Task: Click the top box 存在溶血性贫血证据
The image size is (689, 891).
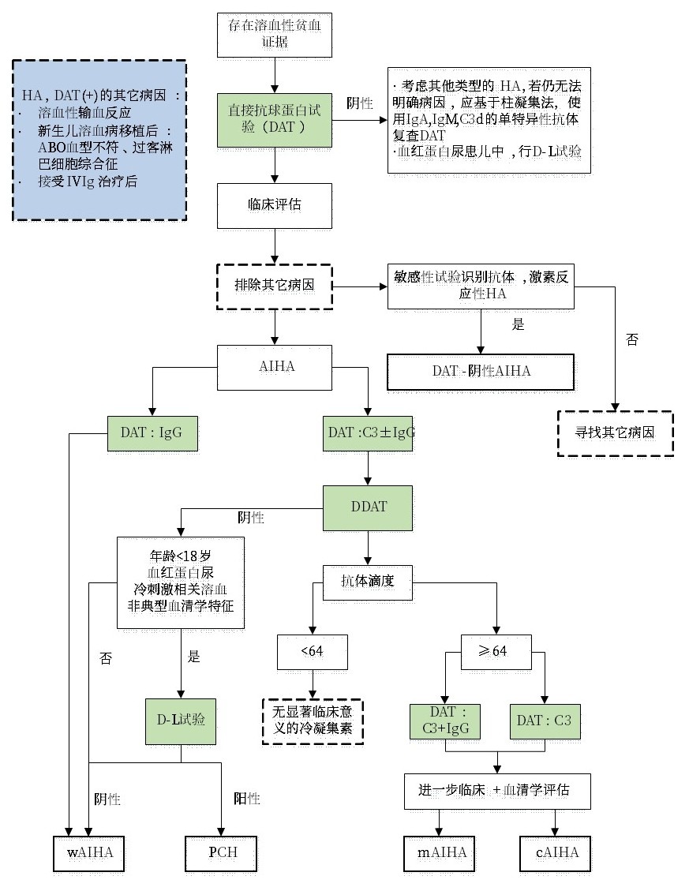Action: point(274,34)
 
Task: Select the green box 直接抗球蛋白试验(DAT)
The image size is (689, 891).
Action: point(274,119)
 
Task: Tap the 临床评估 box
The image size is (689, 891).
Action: point(274,204)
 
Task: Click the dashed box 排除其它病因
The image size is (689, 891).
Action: point(274,285)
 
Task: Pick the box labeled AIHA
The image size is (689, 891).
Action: point(274,368)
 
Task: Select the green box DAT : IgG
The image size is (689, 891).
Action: point(152,432)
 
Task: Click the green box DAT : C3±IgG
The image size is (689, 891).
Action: point(369,432)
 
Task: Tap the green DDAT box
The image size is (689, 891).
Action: point(369,507)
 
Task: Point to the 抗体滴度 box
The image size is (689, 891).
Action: point(368,582)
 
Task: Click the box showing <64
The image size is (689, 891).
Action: point(313,651)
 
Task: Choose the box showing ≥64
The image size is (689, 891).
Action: point(496,651)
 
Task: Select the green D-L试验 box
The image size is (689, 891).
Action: point(181,720)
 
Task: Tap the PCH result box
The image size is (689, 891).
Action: point(223,852)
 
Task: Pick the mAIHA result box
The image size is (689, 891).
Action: point(441,852)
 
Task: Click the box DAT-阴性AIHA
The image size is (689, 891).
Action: point(480,370)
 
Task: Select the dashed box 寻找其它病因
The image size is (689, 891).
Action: point(615,432)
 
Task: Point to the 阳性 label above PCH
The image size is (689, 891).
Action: point(246,799)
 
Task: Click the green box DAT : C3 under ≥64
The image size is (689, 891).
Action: point(545,720)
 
